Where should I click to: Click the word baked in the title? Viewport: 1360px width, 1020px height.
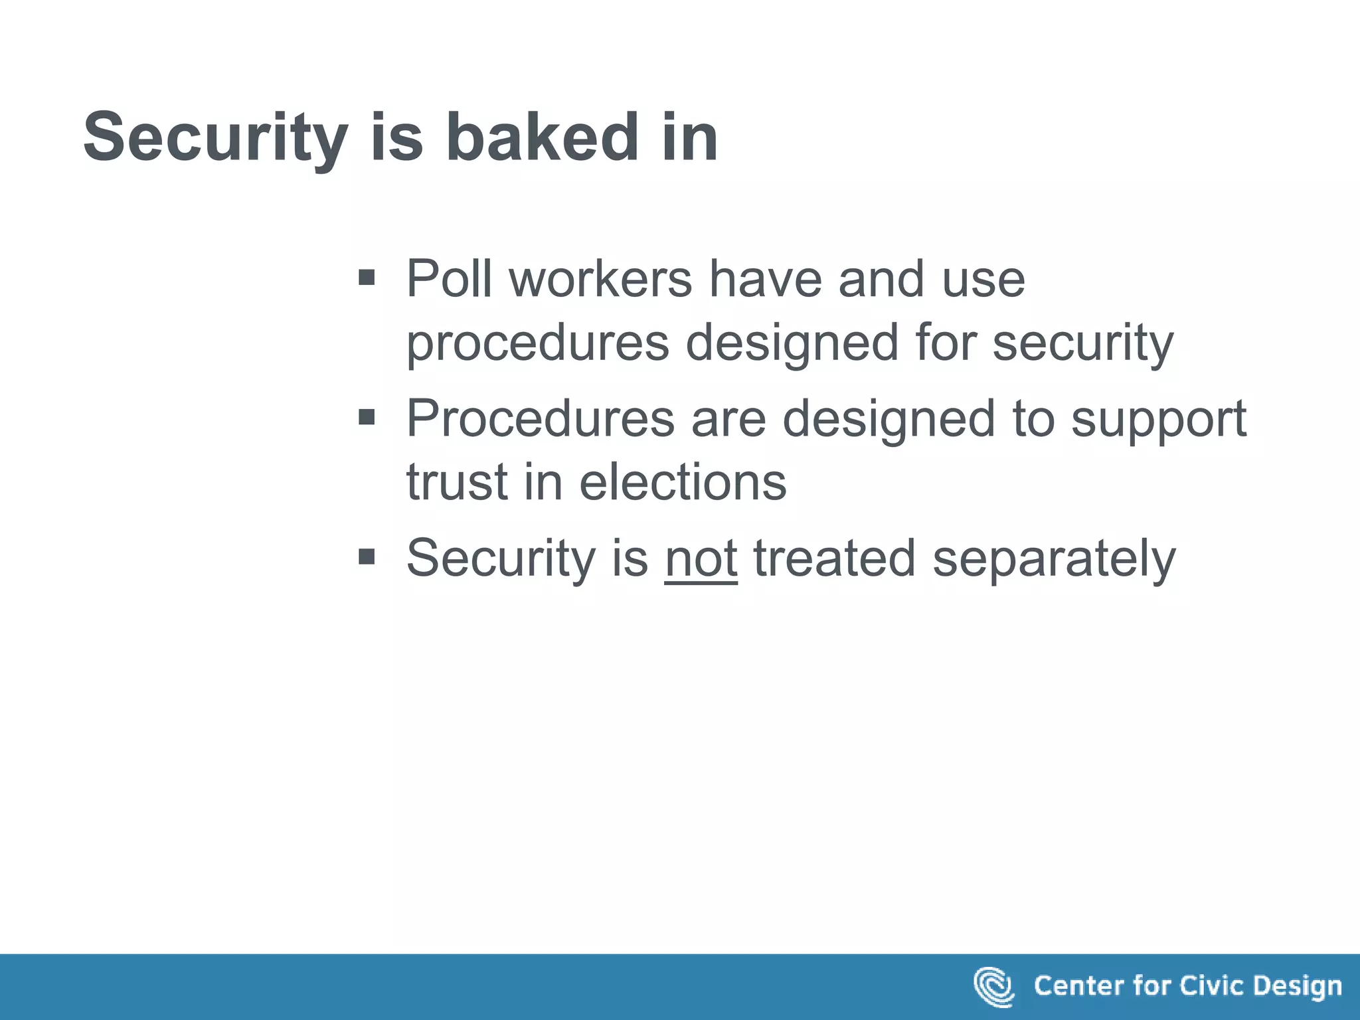tap(542, 137)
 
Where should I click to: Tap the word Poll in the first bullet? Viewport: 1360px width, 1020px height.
tap(449, 279)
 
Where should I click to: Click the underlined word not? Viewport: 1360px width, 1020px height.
tap(701, 559)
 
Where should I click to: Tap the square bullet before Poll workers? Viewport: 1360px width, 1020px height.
tap(367, 277)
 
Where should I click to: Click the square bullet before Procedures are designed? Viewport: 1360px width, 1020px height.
tap(367, 417)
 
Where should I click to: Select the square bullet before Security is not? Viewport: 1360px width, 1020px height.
tap(367, 556)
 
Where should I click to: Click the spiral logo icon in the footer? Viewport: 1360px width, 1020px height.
tap(993, 986)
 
